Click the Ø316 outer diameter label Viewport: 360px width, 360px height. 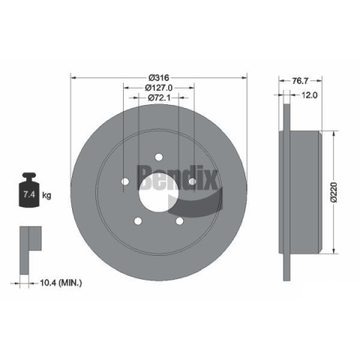pyautogui.click(x=159, y=78)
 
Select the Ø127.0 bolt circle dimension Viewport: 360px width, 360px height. pyautogui.click(x=159, y=88)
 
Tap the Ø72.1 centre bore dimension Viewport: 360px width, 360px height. pyautogui.click(x=159, y=97)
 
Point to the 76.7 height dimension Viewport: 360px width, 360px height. pyautogui.click(x=301, y=81)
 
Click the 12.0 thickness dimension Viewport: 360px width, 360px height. pyautogui.click(x=309, y=95)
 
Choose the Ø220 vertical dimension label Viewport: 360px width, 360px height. pyautogui.click(x=334, y=192)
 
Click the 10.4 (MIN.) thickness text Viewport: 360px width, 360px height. pyautogui.click(x=61, y=283)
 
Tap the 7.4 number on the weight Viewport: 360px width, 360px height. pyautogui.click(x=29, y=194)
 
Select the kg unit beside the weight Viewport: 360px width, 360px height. pyautogui.click(x=46, y=195)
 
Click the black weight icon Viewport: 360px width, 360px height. pyautogui.click(x=29, y=190)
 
